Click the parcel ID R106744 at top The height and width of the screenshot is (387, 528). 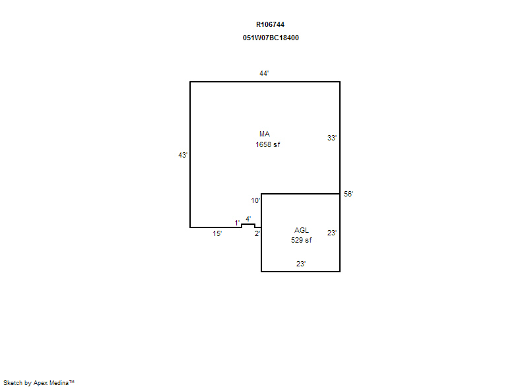pos(270,24)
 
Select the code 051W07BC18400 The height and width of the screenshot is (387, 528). pos(271,38)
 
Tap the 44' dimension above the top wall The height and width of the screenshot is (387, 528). pos(264,73)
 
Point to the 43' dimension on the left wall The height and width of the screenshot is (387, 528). pos(183,155)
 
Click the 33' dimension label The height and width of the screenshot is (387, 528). pos(332,138)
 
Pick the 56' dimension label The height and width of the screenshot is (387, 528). pos(348,194)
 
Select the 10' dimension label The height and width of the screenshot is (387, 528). pos(255,200)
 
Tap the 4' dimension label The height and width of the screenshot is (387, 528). pos(248,219)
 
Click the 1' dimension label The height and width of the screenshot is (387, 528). pos(238,223)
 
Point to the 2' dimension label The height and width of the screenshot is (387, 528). pos(257,233)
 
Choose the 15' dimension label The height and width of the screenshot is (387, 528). pos(217,233)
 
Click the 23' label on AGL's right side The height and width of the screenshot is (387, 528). pos(332,233)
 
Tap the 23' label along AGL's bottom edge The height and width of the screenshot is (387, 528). pos(301,264)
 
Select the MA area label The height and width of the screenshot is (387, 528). pos(265,134)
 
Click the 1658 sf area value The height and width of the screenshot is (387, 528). pos(268,144)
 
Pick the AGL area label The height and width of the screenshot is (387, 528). pos(302,230)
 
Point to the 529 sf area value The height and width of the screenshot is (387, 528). pos(302,240)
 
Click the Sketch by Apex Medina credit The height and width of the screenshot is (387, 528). pos(39,383)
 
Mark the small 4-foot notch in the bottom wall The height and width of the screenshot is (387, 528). pos(248,224)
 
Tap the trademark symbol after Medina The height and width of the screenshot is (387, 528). pos(72,382)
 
